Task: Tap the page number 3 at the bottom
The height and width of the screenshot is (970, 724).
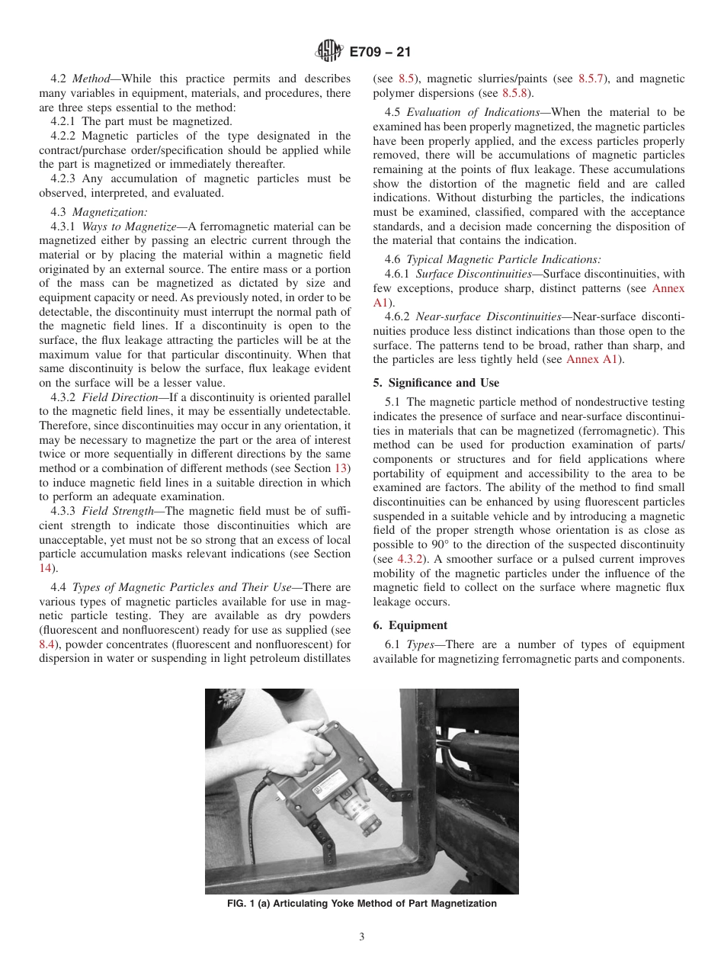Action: click(x=361, y=936)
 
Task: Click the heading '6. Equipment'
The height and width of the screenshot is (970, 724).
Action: click(x=410, y=625)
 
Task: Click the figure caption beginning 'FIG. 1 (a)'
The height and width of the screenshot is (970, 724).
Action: click(x=361, y=904)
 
